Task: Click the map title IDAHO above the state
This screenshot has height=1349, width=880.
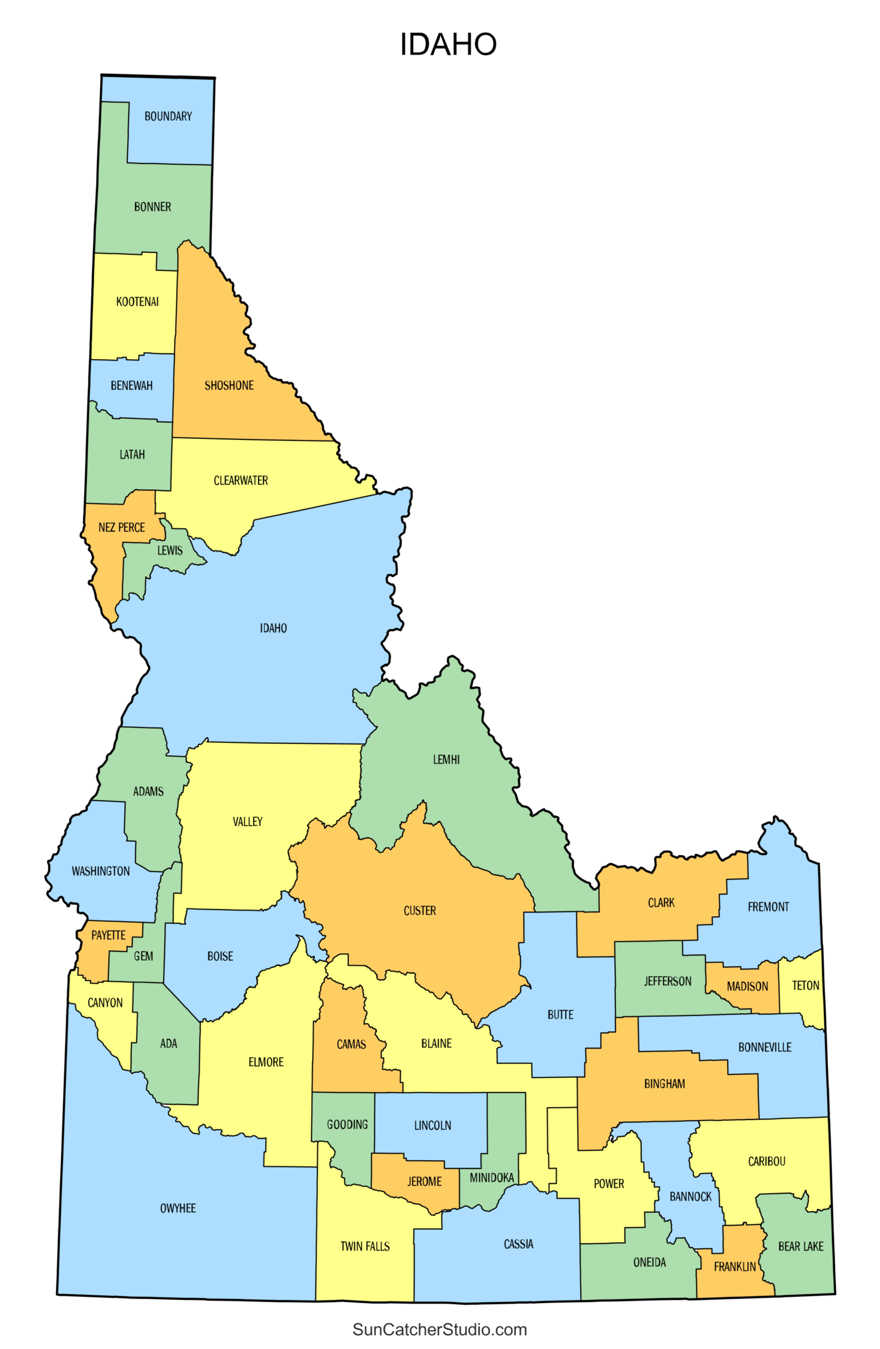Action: click(x=448, y=44)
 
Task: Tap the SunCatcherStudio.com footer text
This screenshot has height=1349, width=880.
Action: click(x=440, y=1329)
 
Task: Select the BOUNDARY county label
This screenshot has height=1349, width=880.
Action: click(x=168, y=116)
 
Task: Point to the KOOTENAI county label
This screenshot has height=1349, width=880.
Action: click(x=137, y=302)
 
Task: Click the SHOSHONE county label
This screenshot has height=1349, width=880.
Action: click(x=229, y=386)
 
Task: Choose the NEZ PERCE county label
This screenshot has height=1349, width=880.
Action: click(x=122, y=528)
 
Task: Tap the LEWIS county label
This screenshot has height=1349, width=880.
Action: click(x=170, y=550)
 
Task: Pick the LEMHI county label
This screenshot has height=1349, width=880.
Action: click(x=446, y=760)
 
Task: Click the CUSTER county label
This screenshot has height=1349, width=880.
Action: click(x=419, y=911)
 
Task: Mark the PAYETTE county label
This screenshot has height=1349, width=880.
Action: click(x=109, y=935)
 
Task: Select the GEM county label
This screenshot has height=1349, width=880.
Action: click(x=143, y=956)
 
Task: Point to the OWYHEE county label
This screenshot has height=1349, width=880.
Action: click(x=178, y=1208)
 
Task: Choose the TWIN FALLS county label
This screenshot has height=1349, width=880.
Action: click(x=365, y=1246)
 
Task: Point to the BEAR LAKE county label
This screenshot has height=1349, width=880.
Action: click(x=801, y=1246)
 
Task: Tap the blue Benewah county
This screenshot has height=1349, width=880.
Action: click(x=132, y=386)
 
